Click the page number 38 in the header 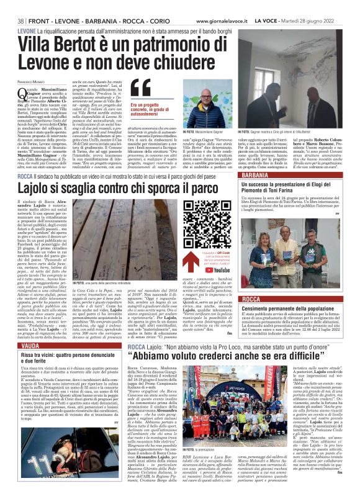click(x=21, y=21)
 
